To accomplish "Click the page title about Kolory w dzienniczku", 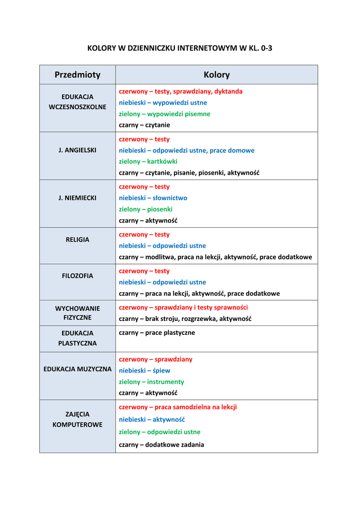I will (x=180, y=48).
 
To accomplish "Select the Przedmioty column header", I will (x=77, y=75).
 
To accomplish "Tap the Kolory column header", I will (x=216, y=75).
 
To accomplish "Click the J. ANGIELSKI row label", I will (x=77, y=150).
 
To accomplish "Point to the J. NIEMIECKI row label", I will (x=77, y=197).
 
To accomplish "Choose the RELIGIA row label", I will (x=77, y=240).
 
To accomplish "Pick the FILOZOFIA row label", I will (x=77, y=276).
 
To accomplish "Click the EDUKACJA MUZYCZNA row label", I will (x=77, y=369).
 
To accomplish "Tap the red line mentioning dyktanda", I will (x=181, y=91).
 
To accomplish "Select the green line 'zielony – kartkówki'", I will (x=148, y=161).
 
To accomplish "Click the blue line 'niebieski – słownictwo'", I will (x=153, y=198).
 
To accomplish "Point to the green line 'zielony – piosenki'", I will (x=145, y=209).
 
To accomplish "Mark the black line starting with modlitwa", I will (x=216, y=257).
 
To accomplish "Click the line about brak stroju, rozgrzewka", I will (x=185, y=318).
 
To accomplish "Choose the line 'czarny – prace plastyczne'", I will (x=157, y=332).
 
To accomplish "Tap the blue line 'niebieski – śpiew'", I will (x=144, y=371).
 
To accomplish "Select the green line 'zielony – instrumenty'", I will (x=151, y=382).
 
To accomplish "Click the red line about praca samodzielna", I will (x=178, y=407).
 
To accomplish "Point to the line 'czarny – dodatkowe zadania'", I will (x=161, y=444).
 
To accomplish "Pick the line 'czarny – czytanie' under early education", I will (x=144, y=125).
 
